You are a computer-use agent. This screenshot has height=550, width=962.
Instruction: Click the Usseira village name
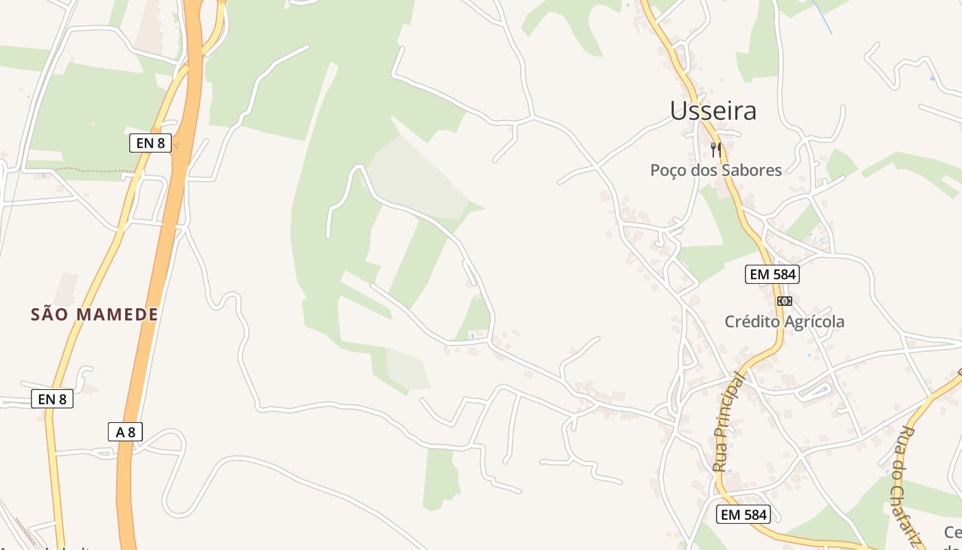click(713, 111)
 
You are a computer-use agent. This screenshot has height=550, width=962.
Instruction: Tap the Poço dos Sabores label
click(716, 170)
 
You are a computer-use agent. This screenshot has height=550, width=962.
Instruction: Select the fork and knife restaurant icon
click(716, 149)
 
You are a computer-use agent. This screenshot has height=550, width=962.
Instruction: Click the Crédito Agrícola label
click(785, 322)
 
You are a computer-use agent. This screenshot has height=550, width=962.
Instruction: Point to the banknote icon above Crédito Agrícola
click(784, 301)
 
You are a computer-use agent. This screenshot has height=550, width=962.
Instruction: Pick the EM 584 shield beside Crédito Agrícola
click(772, 274)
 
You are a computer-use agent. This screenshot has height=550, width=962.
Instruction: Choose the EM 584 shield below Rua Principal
click(743, 514)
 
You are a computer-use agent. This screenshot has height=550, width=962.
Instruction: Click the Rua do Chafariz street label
click(908, 485)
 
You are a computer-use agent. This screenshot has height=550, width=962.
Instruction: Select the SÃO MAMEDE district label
click(95, 315)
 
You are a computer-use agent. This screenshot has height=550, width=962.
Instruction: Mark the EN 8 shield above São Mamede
click(150, 143)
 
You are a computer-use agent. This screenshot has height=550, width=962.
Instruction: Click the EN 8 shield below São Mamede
click(52, 398)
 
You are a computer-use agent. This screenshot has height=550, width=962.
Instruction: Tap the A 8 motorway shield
click(126, 432)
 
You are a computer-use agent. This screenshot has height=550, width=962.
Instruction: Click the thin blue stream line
click(822, 16)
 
